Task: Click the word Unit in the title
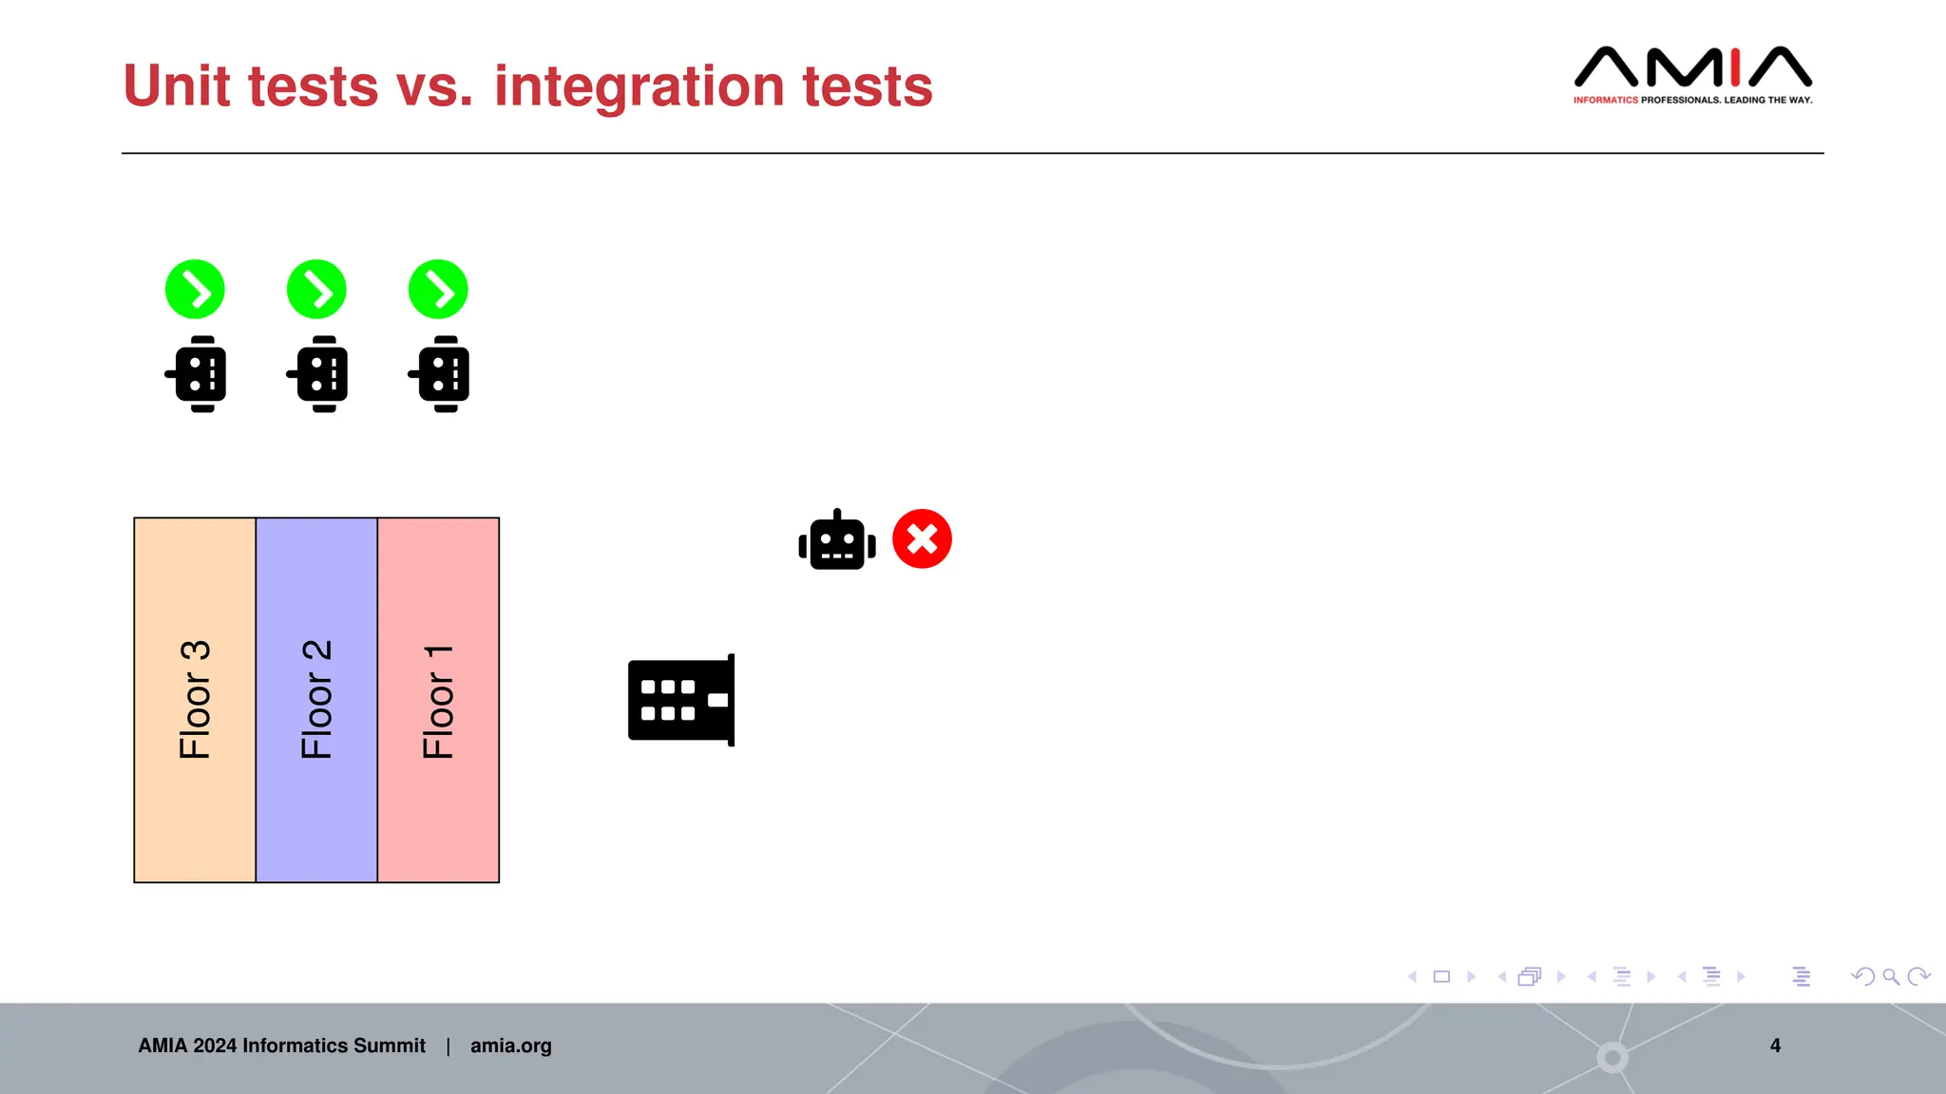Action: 177,86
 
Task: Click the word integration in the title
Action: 639,86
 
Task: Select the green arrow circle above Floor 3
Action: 195,290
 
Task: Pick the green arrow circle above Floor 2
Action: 316,290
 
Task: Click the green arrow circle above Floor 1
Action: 438,290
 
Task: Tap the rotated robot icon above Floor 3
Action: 197,373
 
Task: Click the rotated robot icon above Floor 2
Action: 318,373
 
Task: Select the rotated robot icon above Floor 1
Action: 440,373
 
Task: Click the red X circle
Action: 922,539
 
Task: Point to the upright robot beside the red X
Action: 837,540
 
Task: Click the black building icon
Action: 681,700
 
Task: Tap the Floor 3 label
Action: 195,700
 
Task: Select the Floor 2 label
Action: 316,700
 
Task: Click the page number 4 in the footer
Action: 1775,1046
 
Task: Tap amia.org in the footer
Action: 510,1046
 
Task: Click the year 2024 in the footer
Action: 215,1046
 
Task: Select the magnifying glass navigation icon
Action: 1891,976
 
